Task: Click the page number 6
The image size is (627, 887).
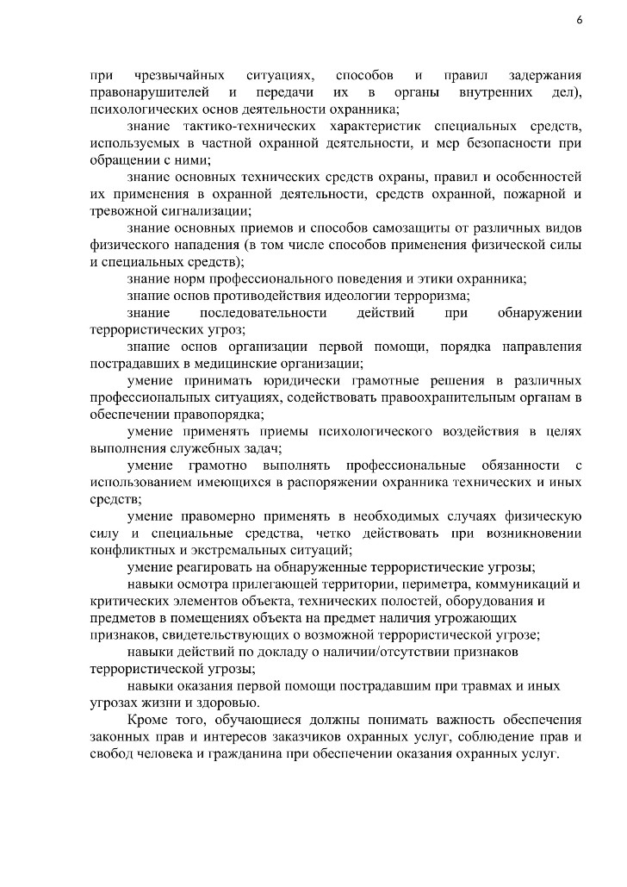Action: coord(579,22)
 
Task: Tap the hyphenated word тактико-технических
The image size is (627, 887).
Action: coord(256,127)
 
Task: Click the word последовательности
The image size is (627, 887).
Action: coord(263,312)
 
